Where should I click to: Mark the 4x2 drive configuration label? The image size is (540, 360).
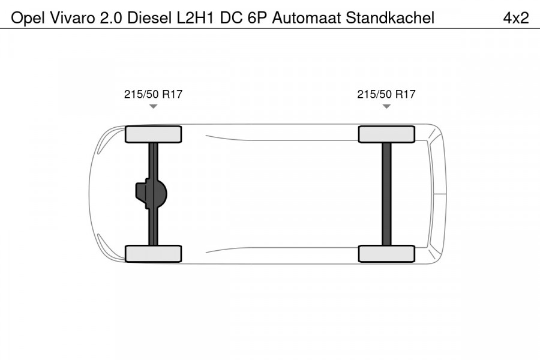515,18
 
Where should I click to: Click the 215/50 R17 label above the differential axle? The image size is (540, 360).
153,94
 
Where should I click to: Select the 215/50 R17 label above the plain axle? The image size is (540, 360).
386,94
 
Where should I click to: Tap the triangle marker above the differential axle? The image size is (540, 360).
153,106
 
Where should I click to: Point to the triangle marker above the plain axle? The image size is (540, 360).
386,106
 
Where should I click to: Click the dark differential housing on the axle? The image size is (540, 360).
150,194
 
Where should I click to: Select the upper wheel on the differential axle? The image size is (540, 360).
153,134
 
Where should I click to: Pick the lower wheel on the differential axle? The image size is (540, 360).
153,254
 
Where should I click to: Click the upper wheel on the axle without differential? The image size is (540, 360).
386,134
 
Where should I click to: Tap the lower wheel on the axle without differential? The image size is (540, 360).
386,254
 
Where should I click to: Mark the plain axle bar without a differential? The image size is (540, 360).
386,194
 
